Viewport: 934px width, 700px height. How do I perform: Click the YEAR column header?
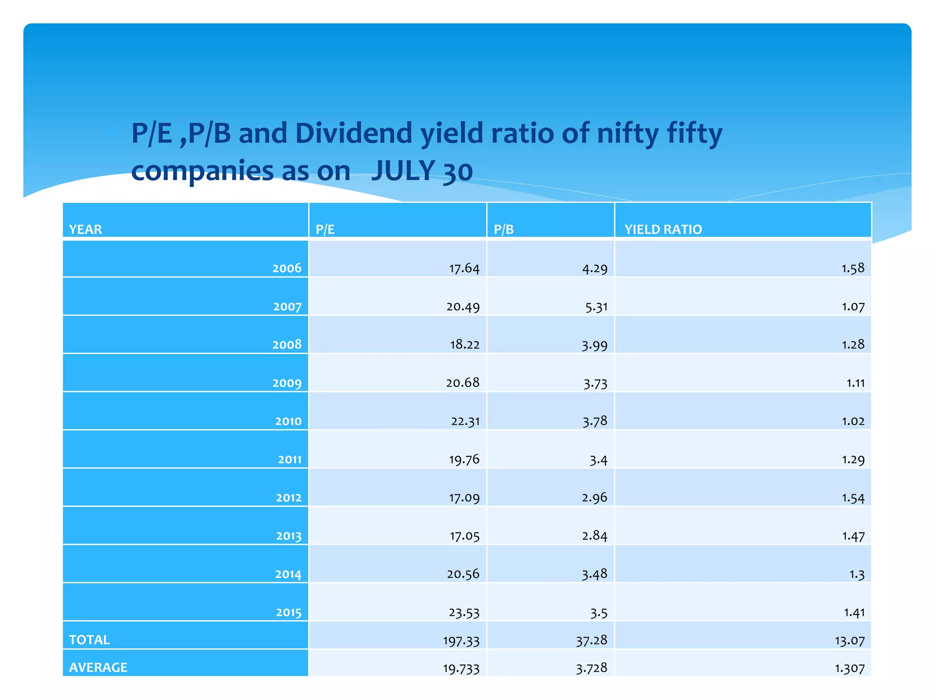click(x=85, y=229)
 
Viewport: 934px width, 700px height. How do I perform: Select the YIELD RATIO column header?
click(x=663, y=229)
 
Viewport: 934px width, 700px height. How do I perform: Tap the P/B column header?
click(x=503, y=229)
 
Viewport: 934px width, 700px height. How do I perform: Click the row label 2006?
click(x=287, y=268)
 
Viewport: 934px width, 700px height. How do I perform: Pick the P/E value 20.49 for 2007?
click(x=463, y=307)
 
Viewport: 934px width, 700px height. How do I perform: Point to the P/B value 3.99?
click(x=594, y=345)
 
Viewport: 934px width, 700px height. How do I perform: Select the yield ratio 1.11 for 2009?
click(x=855, y=383)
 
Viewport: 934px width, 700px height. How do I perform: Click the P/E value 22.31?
click(x=465, y=421)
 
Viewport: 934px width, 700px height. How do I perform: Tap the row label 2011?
click(x=290, y=459)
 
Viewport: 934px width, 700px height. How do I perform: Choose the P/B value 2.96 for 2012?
click(x=594, y=498)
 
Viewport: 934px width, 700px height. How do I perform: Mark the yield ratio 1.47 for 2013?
click(x=853, y=536)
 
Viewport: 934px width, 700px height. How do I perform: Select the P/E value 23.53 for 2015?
click(x=464, y=612)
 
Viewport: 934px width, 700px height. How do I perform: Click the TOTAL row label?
click(x=89, y=640)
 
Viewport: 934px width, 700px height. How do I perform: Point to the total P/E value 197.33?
click(x=461, y=641)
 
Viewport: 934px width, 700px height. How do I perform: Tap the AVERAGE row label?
click(x=98, y=667)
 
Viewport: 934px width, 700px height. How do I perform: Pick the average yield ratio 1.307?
click(x=849, y=669)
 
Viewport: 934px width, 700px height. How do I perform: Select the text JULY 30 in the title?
click(x=421, y=171)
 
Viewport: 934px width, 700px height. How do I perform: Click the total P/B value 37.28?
click(x=592, y=640)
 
